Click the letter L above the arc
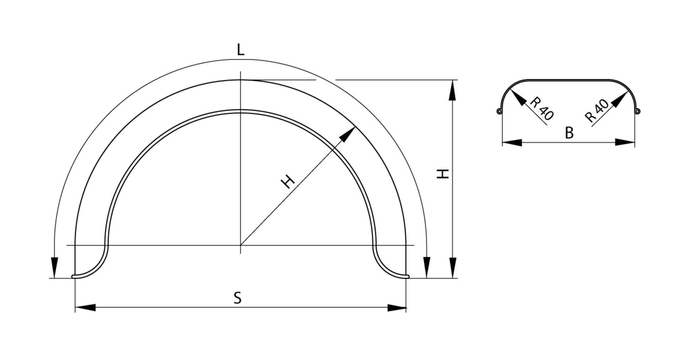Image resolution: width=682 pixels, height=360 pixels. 240,50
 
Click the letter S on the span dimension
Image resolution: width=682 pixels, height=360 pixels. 238,298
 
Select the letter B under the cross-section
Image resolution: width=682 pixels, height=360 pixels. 569,133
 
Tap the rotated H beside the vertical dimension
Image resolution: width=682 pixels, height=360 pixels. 443,174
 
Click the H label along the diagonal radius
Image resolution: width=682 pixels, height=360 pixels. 288,182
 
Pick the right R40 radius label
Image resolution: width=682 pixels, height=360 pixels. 597,111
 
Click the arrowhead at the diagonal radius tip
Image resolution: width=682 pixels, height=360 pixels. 349,133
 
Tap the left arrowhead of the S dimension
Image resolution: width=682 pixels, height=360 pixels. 85,307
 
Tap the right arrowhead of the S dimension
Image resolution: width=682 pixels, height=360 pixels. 396,307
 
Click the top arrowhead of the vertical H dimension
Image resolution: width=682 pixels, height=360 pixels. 452,90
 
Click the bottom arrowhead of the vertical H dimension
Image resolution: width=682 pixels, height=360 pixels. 452,268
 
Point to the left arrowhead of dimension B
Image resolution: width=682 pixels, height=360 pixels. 512,143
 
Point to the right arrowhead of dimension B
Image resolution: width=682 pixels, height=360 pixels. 625,143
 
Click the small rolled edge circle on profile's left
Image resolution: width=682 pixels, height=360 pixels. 499,112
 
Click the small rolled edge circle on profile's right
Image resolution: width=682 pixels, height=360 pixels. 638,112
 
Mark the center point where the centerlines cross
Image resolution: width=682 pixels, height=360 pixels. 240,245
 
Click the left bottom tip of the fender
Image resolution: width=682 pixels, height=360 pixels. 74,276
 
